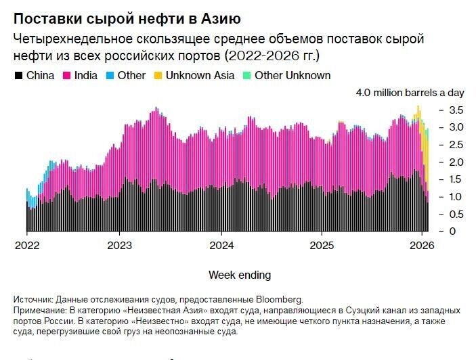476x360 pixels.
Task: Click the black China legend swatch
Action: [19, 76]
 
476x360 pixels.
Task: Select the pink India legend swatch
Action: [66, 76]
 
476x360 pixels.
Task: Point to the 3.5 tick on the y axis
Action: [456, 110]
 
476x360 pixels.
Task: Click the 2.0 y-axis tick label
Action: [456, 162]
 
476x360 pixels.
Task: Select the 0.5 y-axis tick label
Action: [456, 214]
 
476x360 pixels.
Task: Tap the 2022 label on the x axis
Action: [28, 245]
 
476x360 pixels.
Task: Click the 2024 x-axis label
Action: [221, 245]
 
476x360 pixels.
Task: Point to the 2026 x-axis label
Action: [422, 245]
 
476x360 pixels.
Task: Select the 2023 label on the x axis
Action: [121, 245]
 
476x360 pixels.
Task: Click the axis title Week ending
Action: [240, 275]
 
